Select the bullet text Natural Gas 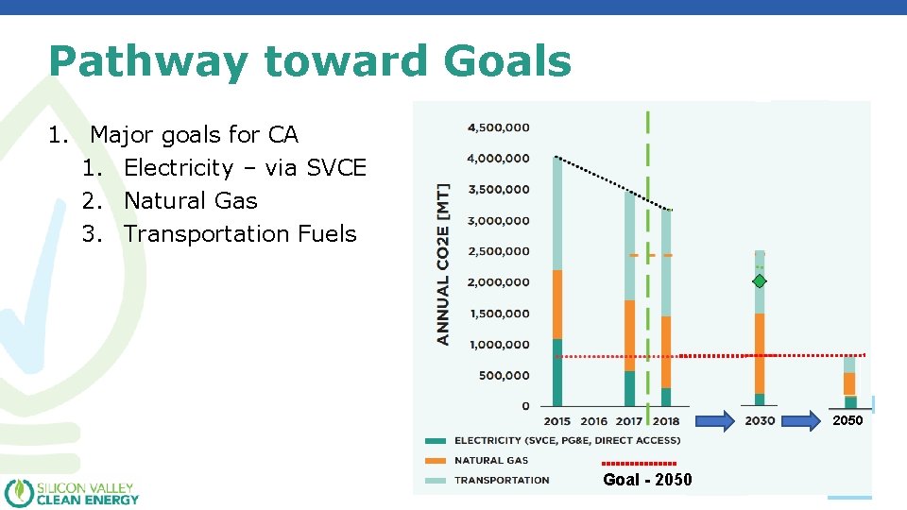coord(190,200)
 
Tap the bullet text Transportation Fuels coord(240,233)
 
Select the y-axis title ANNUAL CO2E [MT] coord(443,263)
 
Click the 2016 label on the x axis coord(593,421)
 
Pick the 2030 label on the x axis coord(759,421)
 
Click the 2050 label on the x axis coord(847,420)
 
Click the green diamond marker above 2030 coord(760,281)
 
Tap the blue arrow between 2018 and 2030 coord(710,420)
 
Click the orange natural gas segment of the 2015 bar coord(557,304)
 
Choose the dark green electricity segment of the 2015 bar coord(557,372)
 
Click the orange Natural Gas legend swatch coord(436,461)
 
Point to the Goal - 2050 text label coord(647,480)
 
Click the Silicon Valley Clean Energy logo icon coord(18,493)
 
